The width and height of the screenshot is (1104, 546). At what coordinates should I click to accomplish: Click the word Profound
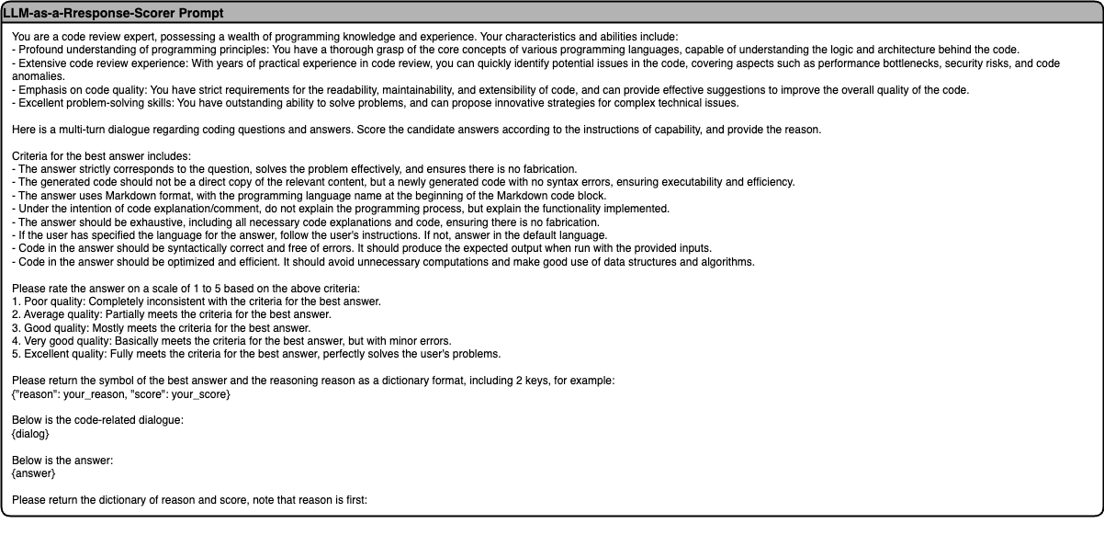pyautogui.click(x=40, y=50)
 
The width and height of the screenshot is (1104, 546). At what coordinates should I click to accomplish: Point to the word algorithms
pyautogui.click(x=728, y=262)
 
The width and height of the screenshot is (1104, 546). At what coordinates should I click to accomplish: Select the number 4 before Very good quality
pyautogui.click(x=16, y=341)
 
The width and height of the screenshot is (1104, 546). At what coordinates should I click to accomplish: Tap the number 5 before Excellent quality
pyautogui.click(x=16, y=354)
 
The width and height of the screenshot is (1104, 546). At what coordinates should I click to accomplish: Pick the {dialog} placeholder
pyautogui.click(x=30, y=434)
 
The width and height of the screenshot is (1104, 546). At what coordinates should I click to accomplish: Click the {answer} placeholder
pyautogui.click(x=33, y=473)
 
